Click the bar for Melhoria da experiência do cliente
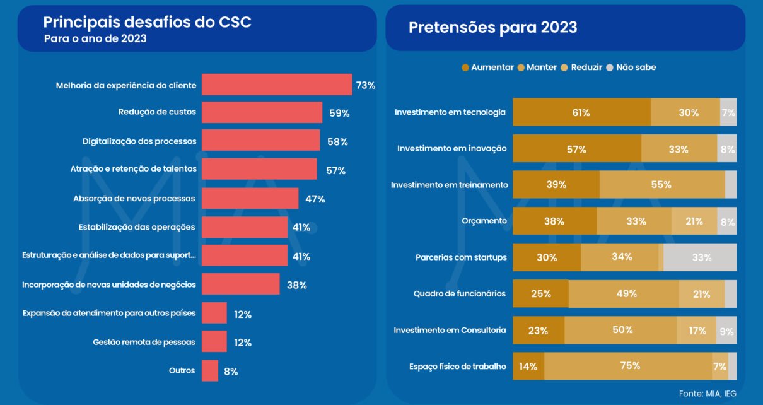coord(276,85)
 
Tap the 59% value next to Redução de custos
coord(339,114)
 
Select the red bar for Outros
coord(209,371)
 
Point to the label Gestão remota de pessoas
coord(144,343)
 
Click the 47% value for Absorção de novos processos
coord(315,199)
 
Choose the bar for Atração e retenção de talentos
coord(259,169)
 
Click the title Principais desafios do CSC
coord(147,22)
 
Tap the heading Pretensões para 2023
coord(492,28)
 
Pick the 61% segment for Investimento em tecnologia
coord(581,112)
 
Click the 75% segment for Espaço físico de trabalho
coord(629,366)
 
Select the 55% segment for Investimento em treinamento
coord(661,185)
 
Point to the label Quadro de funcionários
coord(459,294)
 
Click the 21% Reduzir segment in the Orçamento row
coord(694,221)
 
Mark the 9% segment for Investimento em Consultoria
coord(726,330)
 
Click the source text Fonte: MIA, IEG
coord(708,394)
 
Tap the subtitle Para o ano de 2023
coord(95,39)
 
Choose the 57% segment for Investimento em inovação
coord(576,149)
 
